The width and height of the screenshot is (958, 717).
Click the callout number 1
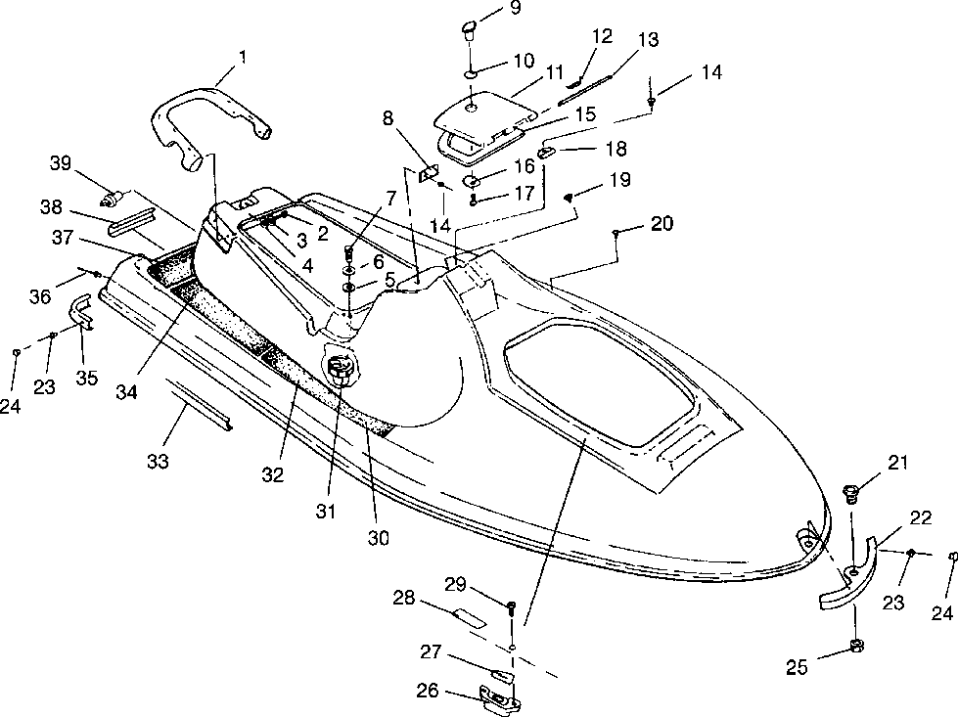(x=243, y=58)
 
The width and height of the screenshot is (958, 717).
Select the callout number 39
(x=61, y=163)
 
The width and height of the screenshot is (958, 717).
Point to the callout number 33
(x=158, y=461)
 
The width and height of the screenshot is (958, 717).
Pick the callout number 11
(x=554, y=72)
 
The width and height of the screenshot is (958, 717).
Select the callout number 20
(x=661, y=224)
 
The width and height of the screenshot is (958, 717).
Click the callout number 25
(x=797, y=667)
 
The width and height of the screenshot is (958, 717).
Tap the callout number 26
(x=428, y=691)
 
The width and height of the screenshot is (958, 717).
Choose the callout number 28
(x=404, y=598)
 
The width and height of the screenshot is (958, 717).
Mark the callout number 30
(x=378, y=537)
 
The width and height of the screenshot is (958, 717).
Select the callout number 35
(x=87, y=378)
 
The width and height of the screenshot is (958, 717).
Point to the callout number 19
(x=619, y=180)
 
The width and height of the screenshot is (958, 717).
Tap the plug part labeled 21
(x=849, y=492)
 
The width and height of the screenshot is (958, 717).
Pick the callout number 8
(x=388, y=117)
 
